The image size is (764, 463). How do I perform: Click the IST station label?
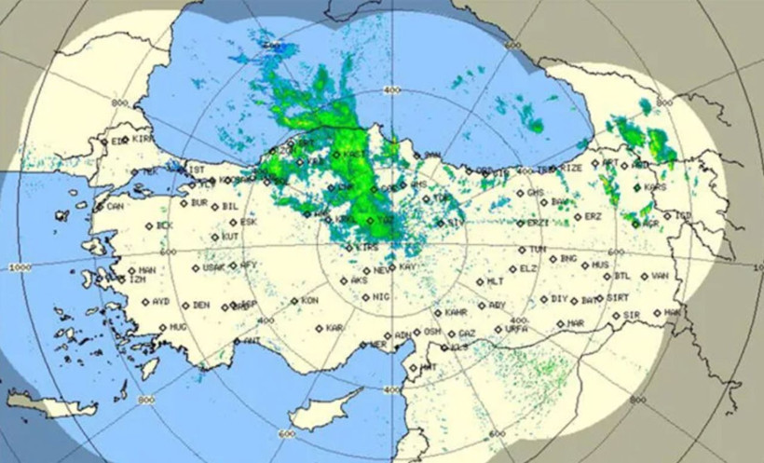[197, 170]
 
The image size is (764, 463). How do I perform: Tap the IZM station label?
[138, 279]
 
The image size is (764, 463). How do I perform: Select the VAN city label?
[661, 276]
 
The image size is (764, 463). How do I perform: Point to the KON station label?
[309, 301]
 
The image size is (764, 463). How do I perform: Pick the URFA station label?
[517, 329]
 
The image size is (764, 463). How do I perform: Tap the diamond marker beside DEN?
[184, 305]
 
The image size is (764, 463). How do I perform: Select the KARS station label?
[656, 187]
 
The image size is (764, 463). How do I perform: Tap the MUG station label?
[178, 328]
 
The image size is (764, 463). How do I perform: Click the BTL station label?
[623, 276]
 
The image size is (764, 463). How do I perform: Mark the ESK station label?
[249, 223]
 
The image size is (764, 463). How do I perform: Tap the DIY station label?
[559, 299]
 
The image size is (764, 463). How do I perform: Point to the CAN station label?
[116, 206]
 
